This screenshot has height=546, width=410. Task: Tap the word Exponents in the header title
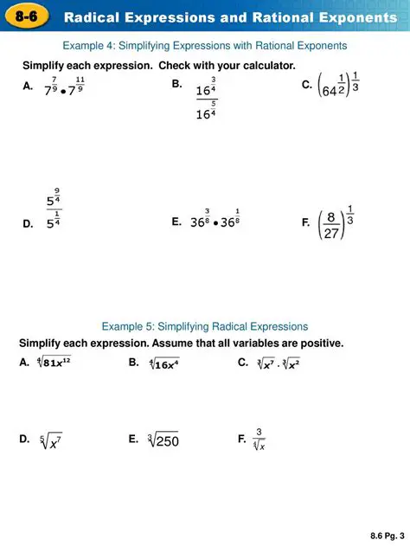pyautogui.click(x=357, y=17)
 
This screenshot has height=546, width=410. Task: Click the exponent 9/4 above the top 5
pyautogui.click(x=57, y=196)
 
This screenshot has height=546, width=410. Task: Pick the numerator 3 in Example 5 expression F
pyautogui.click(x=259, y=432)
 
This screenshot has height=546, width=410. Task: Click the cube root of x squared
pyautogui.click(x=291, y=364)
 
